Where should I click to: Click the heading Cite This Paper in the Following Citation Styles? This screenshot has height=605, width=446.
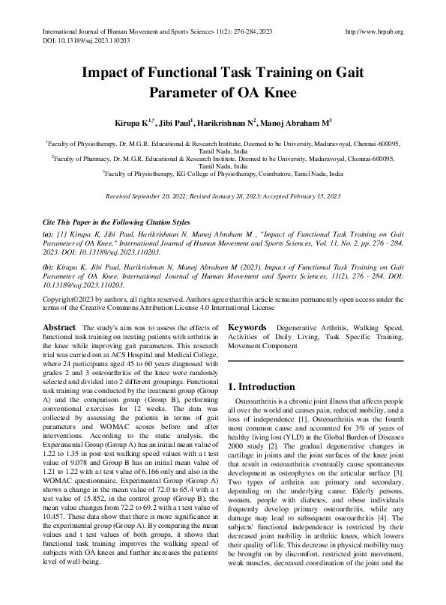click(x=116, y=223)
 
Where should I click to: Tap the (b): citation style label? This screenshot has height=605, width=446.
click(x=49, y=267)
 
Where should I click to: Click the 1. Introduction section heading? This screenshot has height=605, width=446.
click(x=262, y=387)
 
